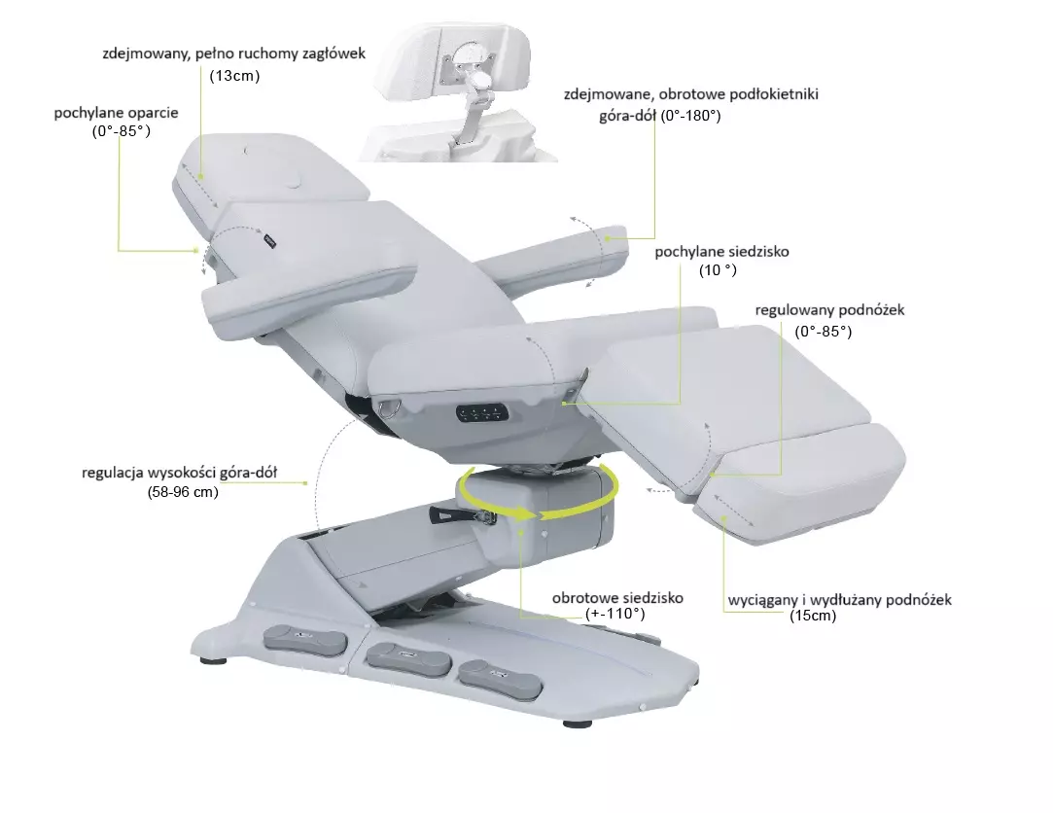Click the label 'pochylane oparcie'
click(116, 112)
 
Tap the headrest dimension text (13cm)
click(235, 75)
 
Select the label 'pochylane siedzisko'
click(721, 252)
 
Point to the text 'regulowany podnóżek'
click(829, 310)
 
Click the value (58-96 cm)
click(184, 492)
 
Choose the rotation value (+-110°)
click(615, 614)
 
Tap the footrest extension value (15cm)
click(813, 616)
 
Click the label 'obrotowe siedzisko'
click(617, 597)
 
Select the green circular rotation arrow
click(538, 495)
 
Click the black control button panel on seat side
click(482, 412)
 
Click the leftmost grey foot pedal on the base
click(305, 639)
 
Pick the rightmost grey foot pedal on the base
click(500, 679)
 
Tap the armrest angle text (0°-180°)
click(690, 116)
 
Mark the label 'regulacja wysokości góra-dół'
click(179, 473)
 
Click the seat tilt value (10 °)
click(718, 270)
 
